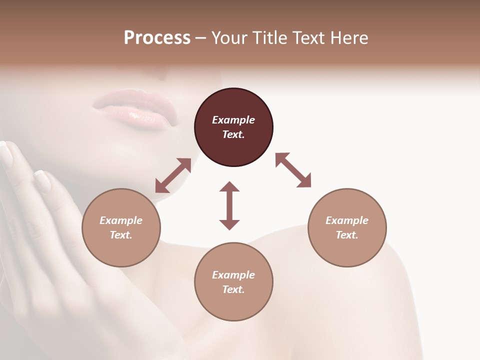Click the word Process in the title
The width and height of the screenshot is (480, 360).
(157, 38)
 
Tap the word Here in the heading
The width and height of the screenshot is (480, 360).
(348, 38)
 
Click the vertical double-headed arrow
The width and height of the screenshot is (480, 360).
(229, 205)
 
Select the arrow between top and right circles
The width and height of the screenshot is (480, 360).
(293, 170)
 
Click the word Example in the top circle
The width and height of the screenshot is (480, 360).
(233, 120)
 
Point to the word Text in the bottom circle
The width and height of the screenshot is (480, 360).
(233, 289)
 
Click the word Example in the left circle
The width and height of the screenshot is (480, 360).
(121, 220)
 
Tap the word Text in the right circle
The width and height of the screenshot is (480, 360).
(347, 235)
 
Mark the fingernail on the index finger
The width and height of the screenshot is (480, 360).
(43, 181)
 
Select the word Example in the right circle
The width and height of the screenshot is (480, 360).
(347, 220)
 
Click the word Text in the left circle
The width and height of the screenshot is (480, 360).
(121, 235)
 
